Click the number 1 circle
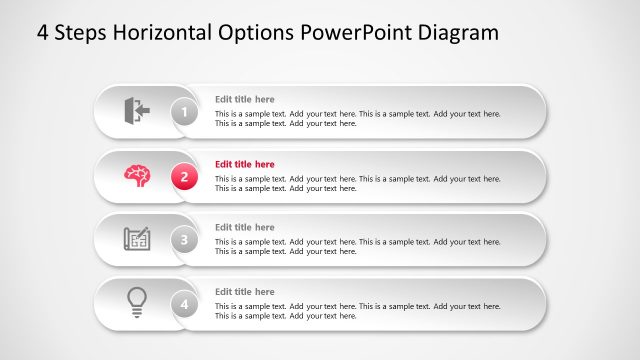point(184,113)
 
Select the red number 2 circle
point(184,177)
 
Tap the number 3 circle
point(184,240)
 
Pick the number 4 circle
point(184,304)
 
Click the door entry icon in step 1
point(136,110)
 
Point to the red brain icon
point(137,175)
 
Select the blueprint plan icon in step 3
point(137,239)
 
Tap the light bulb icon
point(137,302)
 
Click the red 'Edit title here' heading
point(245,164)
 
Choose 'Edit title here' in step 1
point(245,100)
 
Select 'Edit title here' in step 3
point(245,228)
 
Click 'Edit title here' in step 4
point(245,292)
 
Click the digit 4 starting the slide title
point(43,32)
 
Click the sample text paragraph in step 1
point(357,119)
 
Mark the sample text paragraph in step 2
point(357,183)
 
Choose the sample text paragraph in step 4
point(357,310)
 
